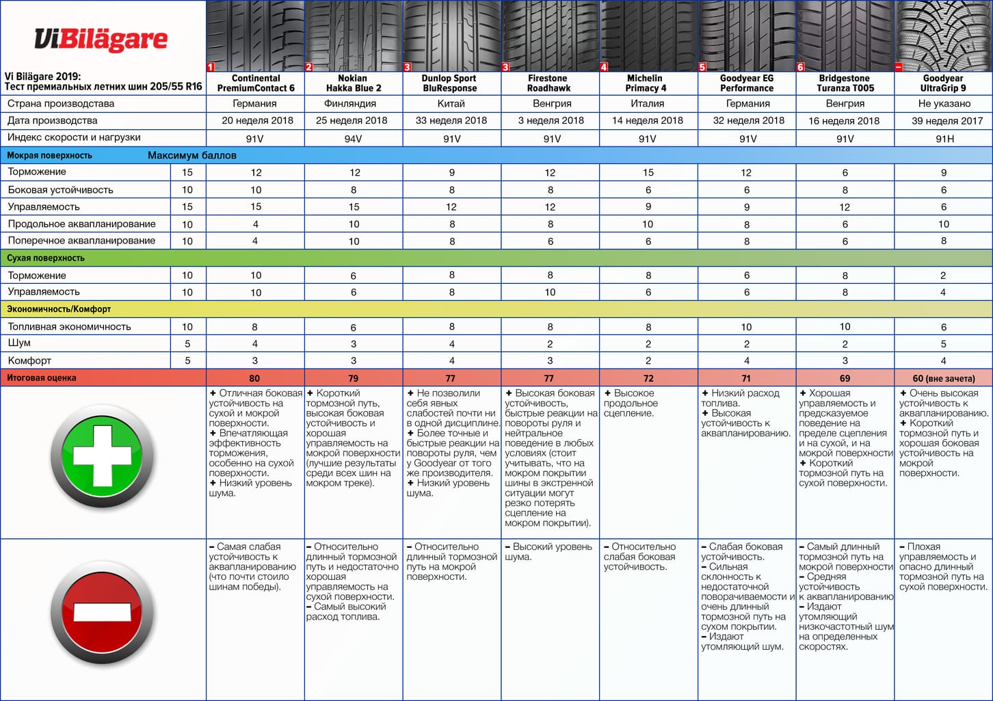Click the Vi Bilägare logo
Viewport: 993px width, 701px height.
[x=101, y=39]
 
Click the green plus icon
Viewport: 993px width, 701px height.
[x=102, y=456]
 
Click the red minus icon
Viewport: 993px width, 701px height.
[x=102, y=612]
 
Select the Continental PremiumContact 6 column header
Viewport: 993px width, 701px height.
[x=255, y=83]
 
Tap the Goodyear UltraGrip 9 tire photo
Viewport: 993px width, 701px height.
[x=943, y=36]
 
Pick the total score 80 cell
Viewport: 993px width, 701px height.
[x=254, y=378]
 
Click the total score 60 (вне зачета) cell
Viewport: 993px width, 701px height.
[x=943, y=378]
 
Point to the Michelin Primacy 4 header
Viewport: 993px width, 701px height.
[x=646, y=83]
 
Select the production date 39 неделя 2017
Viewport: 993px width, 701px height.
[x=943, y=121]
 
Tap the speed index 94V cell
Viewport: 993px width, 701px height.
[x=354, y=139]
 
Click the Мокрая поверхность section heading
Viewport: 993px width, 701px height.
[x=49, y=155]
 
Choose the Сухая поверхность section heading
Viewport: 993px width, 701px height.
[x=46, y=258]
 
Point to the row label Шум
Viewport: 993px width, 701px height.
[x=19, y=343]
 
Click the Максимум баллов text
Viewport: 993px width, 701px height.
[x=191, y=155]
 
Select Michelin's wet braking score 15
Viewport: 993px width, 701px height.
[x=648, y=173]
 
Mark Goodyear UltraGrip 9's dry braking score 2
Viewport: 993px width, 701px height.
[x=943, y=276]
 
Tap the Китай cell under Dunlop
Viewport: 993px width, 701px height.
[x=451, y=104]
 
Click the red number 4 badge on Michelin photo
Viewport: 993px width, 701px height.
[x=604, y=67]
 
